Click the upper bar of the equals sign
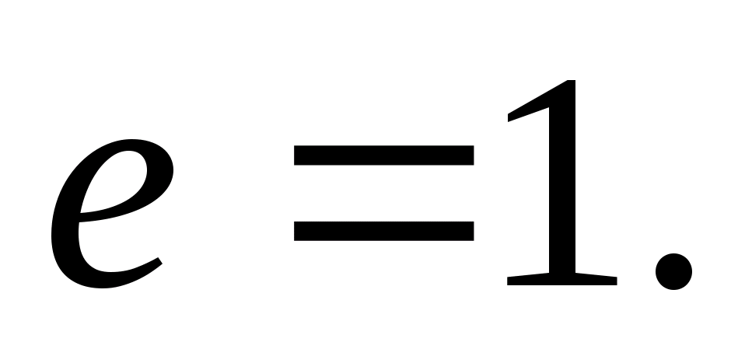pos(383,154)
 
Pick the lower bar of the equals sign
pos(383,230)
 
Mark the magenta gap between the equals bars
pos(383,192)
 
